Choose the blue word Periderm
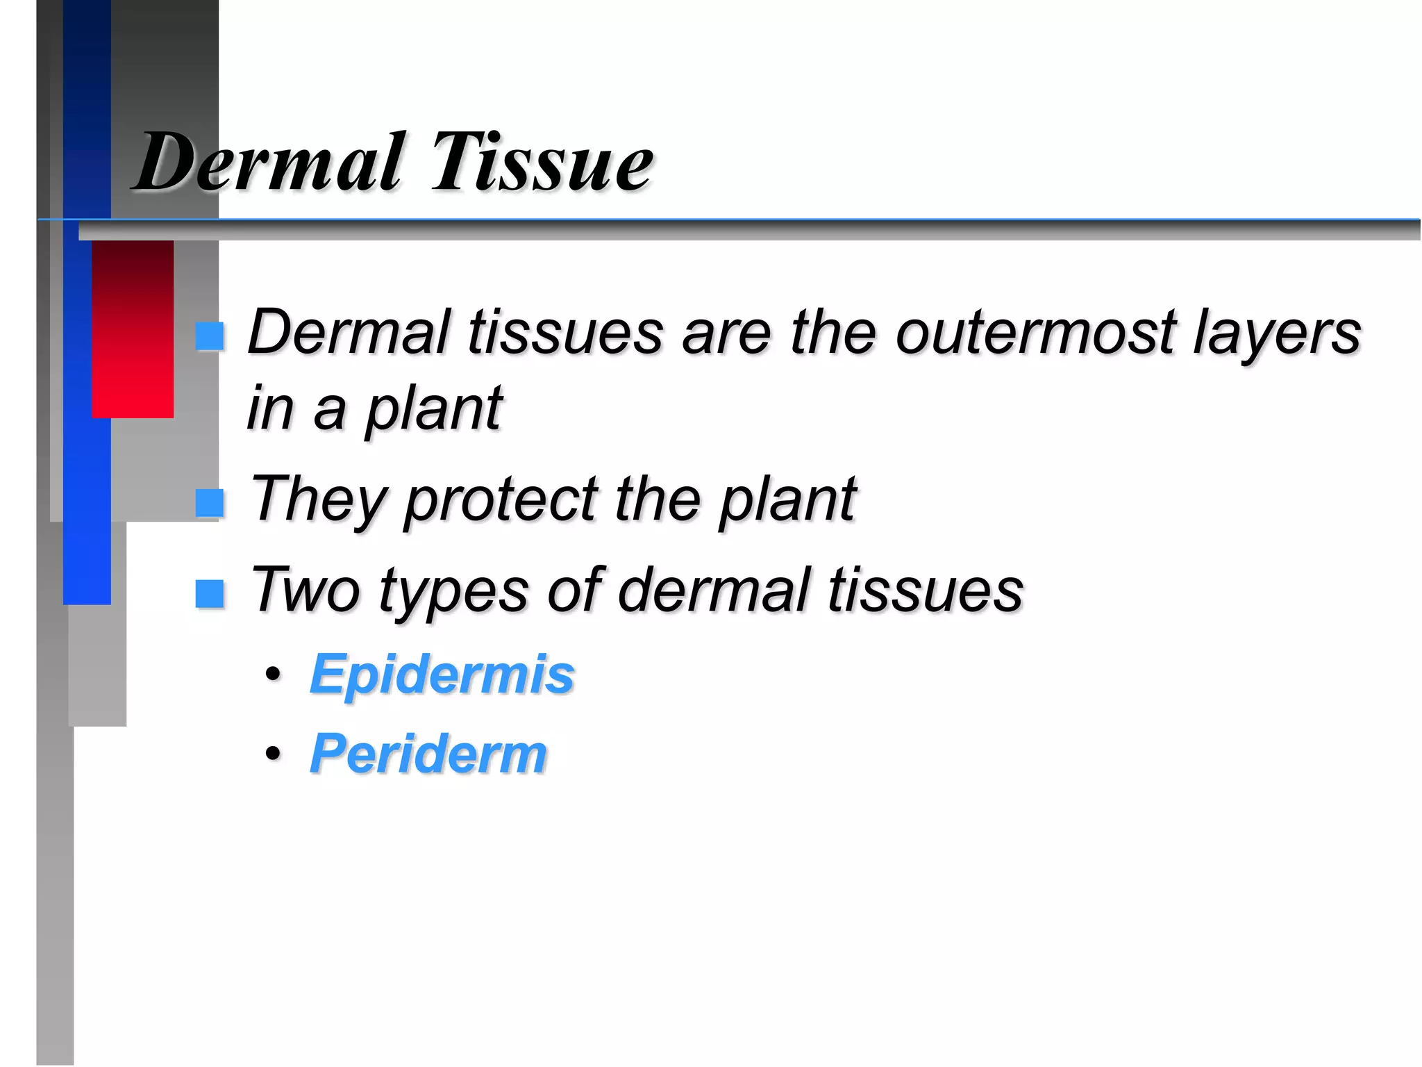point(428,754)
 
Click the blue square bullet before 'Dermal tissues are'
point(209,336)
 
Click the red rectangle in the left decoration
point(133,329)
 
